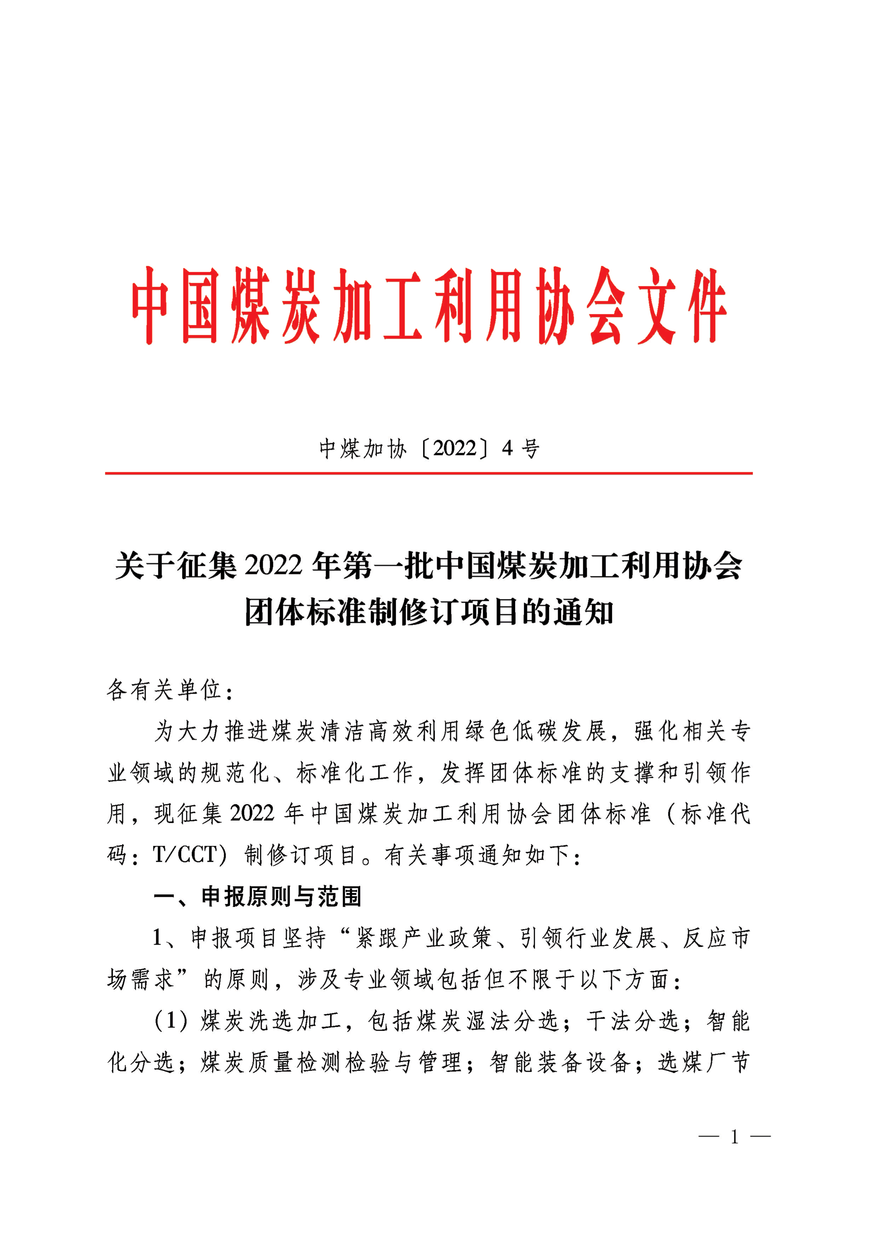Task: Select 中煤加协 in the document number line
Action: coord(363,449)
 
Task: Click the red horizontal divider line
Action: coord(429,473)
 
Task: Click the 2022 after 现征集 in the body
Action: coord(252,814)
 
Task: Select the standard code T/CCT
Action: coord(185,855)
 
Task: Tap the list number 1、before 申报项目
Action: coord(164,938)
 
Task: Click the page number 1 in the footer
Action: coord(734,1137)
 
